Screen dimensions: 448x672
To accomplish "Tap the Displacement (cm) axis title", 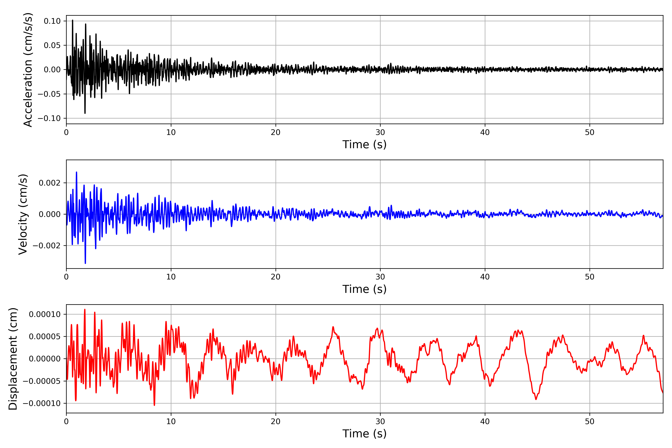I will point(13,359).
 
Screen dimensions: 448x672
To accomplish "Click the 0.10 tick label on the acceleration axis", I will point(52,21).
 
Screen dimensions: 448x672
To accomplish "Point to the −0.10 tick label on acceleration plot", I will point(49,118).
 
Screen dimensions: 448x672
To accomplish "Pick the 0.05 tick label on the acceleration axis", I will point(52,45).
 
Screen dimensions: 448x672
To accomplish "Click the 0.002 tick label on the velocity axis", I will point(50,183).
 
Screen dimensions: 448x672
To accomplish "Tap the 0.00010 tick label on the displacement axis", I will point(45,314).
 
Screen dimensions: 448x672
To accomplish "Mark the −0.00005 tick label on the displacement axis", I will point(42,381).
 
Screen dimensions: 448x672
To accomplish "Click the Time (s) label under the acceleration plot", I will point(364,144).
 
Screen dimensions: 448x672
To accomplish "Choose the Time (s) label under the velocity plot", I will point(364,289).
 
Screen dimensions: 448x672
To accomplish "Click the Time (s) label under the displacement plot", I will point(364,434).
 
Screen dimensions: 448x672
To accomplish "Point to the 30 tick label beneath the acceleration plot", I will point(380,132).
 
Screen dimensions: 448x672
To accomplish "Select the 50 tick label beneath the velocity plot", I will point(589,277).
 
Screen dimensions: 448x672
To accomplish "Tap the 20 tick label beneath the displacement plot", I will point(276,421).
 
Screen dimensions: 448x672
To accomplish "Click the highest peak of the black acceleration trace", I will point(73,20).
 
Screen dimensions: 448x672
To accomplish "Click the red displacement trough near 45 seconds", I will point(536,399).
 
